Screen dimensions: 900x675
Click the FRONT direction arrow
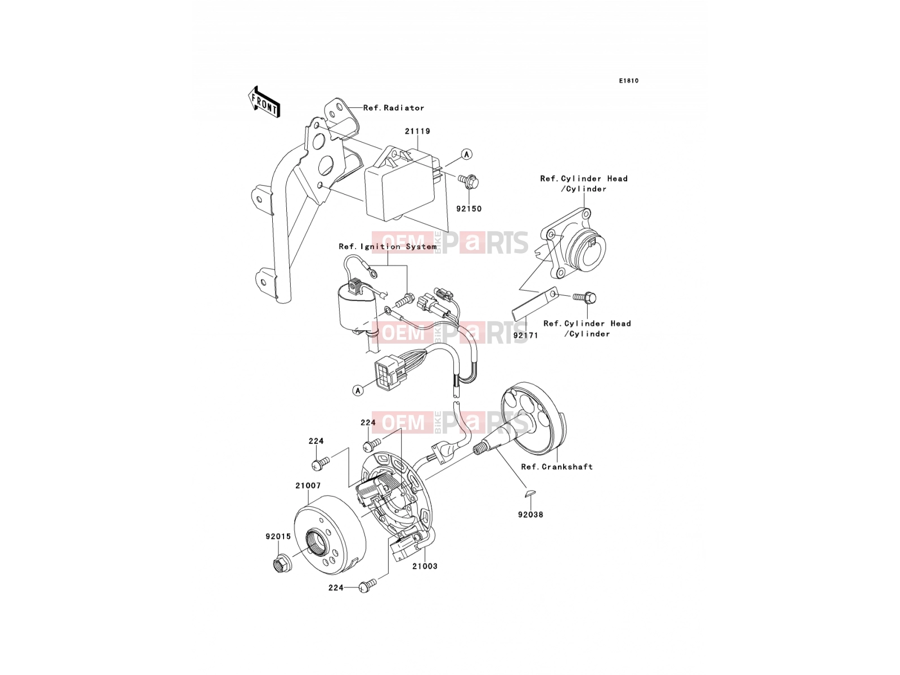264,102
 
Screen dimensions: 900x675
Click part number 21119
417,131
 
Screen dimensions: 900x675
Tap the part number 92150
469,209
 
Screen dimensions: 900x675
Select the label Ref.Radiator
394,108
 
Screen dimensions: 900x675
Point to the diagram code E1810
628,81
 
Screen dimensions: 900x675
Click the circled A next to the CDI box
466,154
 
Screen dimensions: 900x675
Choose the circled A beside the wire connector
358,390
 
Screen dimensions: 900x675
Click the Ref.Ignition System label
388,247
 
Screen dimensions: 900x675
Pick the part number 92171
525,335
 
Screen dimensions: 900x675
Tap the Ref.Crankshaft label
557,466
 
